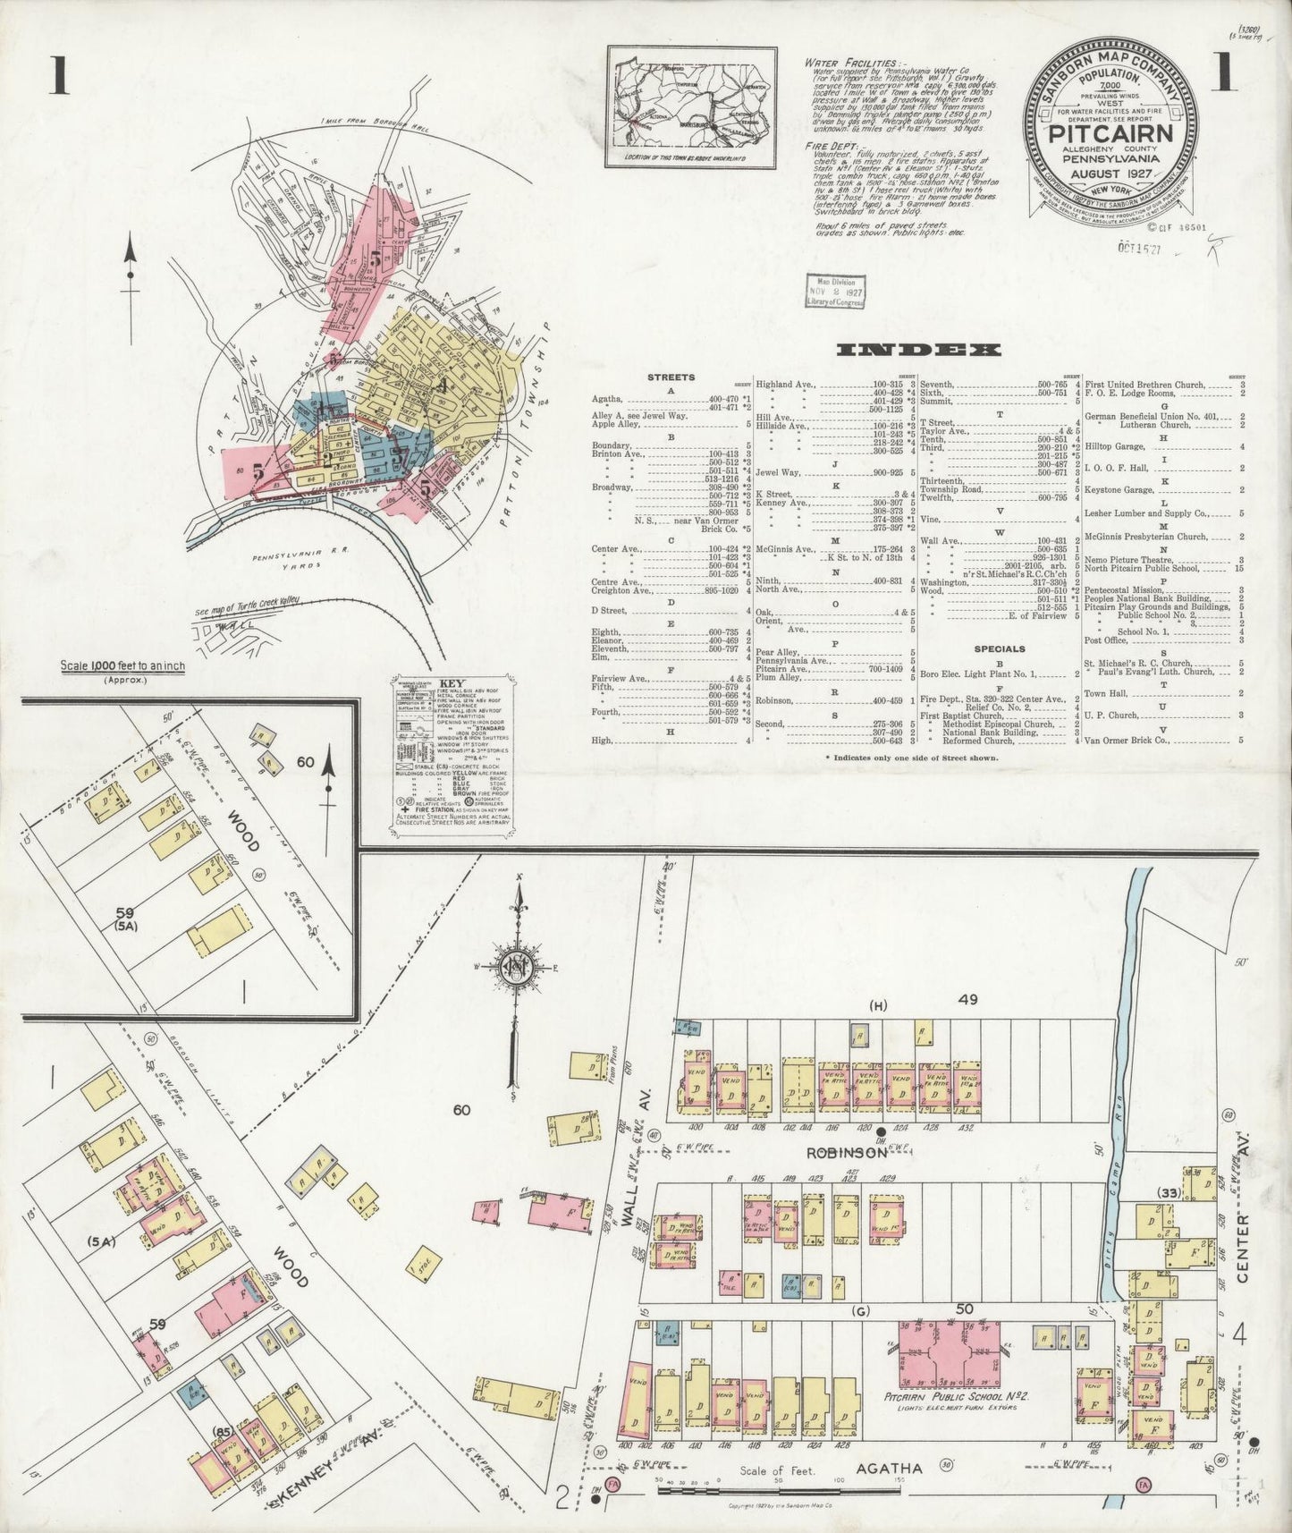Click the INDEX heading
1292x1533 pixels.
(917, 351)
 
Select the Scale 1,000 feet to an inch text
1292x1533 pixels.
(122, 666)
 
